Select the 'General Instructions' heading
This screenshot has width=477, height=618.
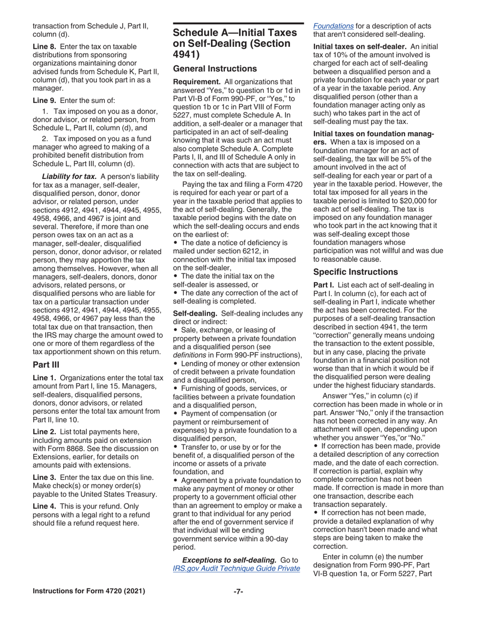tap(215, 69)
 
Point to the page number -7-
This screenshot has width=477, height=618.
tap(238, 591)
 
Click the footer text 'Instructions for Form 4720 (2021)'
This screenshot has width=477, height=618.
tap(88, 591)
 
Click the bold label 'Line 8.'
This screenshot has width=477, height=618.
tap(45, 46)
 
